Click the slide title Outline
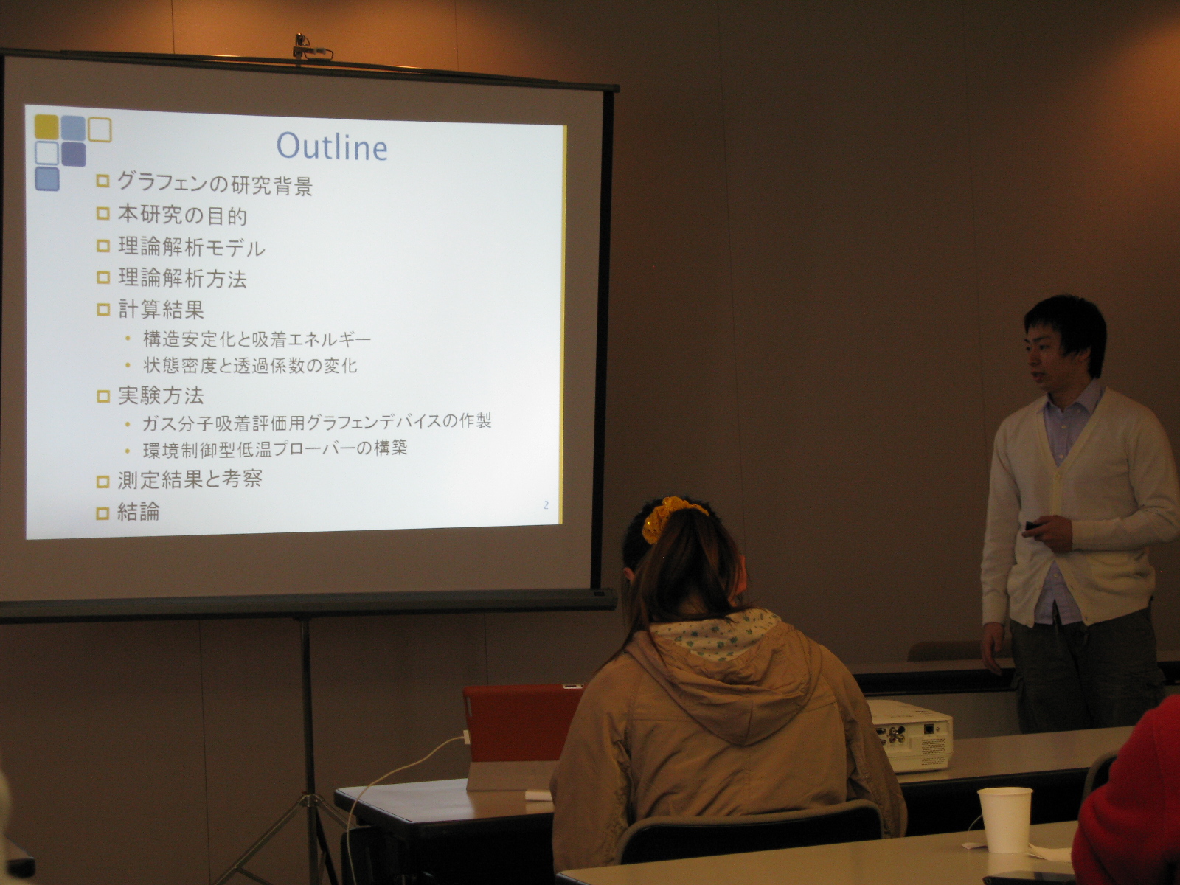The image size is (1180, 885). [x=332, y=146]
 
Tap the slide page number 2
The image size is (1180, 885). [x=546, y=505]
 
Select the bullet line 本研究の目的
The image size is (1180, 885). [x=182, y=216]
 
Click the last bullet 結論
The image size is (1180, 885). [x=139, y=512]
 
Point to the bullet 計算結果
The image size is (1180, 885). [x=161, y=310]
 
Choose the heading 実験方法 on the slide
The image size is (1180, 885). [x=161, y=396]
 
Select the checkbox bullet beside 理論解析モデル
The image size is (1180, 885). [x=103, y=246]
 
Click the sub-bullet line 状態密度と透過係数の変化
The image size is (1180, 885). [x=250, y=366]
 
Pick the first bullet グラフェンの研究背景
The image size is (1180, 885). [x=215, y=184]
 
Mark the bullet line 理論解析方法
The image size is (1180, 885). [x=182, y=278]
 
